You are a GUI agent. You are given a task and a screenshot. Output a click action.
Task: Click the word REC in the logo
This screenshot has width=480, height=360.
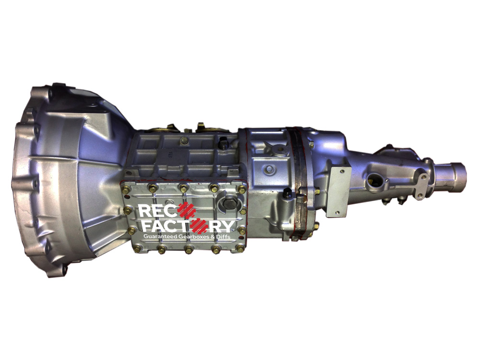[x=158, y=211]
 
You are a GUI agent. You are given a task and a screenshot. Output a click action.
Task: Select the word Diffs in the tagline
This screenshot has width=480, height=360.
[x=224, y=237]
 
